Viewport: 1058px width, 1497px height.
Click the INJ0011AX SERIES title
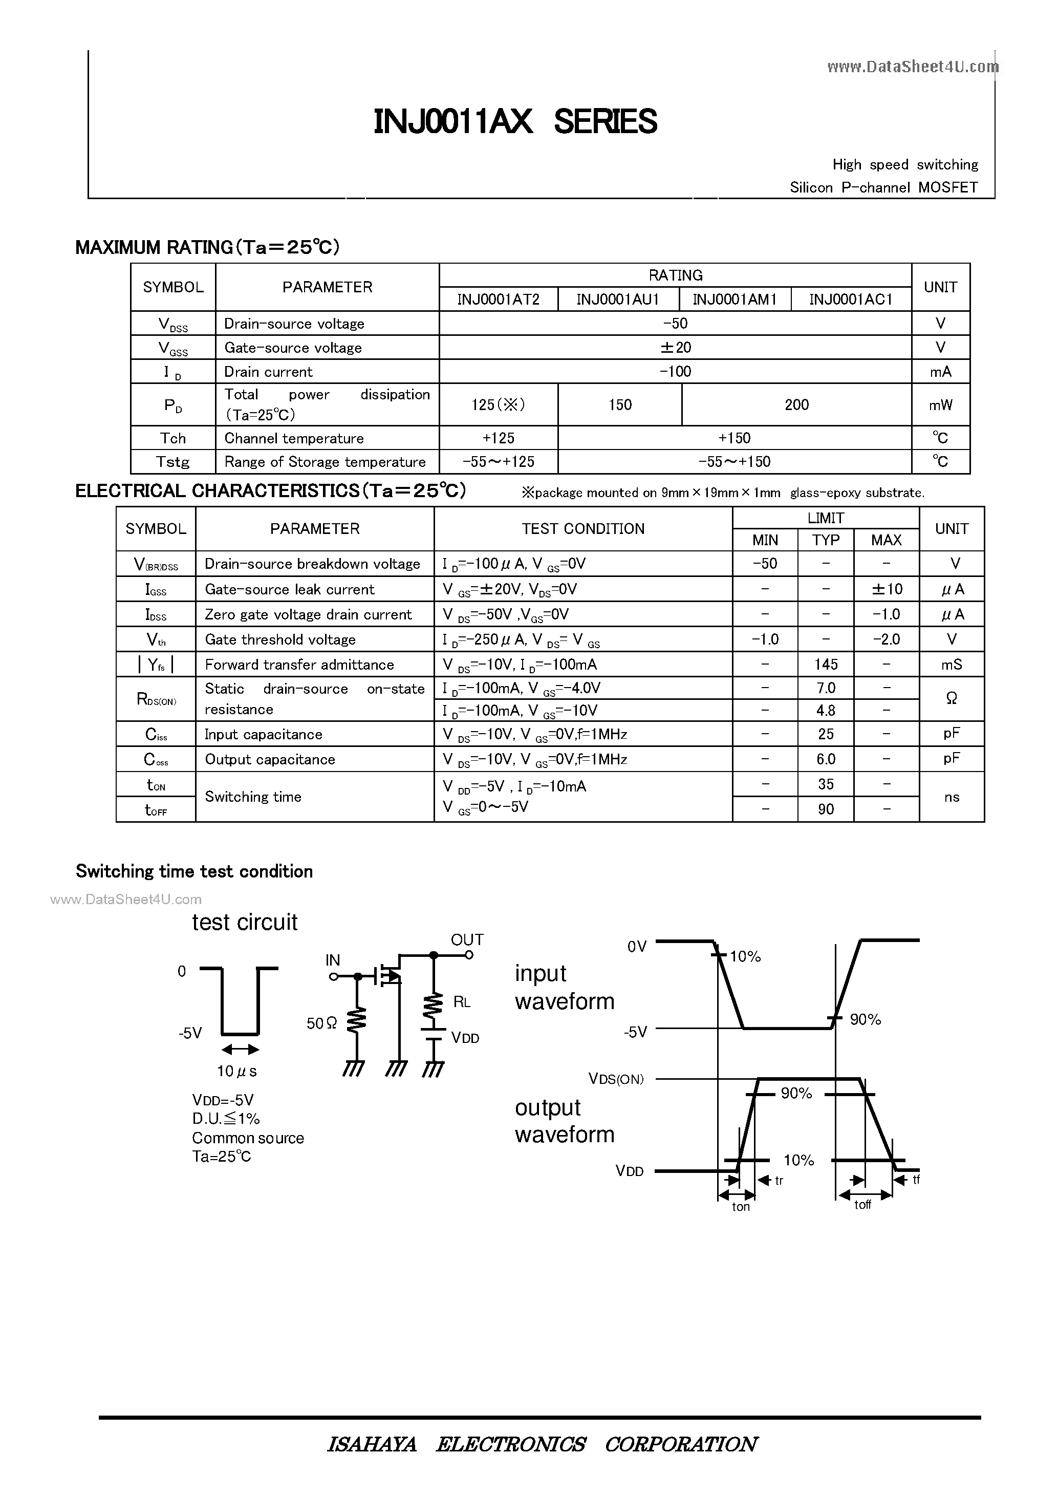[515, 122]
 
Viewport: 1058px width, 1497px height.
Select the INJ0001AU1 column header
[617, 300]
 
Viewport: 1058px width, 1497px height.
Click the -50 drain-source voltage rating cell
[675, 324]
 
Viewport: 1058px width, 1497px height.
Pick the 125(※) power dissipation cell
[498, 405]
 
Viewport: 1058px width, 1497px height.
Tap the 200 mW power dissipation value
[796, 405]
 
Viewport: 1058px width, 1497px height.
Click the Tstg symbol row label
[172, 462]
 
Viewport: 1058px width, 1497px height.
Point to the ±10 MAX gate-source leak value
[887, 589]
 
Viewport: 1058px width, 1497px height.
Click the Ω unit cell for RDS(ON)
[951, 699]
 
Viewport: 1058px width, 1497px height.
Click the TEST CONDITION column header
[583, 529]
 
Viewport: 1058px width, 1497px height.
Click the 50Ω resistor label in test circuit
[321, 1023]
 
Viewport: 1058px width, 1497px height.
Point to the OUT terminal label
[467, 939]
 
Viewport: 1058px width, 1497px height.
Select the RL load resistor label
[462, 1002]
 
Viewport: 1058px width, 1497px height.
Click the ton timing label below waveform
[741, 1207]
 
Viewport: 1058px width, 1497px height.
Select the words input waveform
[564, 987]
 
